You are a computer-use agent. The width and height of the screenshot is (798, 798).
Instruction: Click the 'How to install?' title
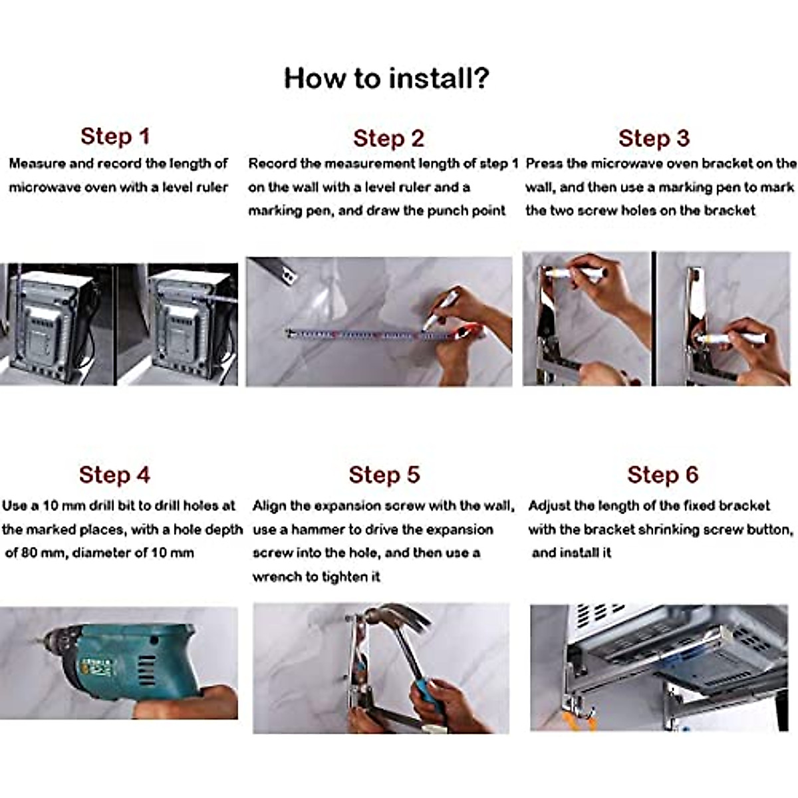[386, 78]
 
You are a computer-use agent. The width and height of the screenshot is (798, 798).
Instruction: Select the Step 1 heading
[115, 136]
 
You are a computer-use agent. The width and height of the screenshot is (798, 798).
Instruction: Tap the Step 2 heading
[388, 138]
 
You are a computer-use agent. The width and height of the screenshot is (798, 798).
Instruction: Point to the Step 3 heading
[654, 138]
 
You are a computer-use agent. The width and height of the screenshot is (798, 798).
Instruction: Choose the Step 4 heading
[114, 475]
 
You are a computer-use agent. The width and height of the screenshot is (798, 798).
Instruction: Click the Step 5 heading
[384, 475]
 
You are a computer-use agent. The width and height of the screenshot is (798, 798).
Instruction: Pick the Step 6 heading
[662, 475]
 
